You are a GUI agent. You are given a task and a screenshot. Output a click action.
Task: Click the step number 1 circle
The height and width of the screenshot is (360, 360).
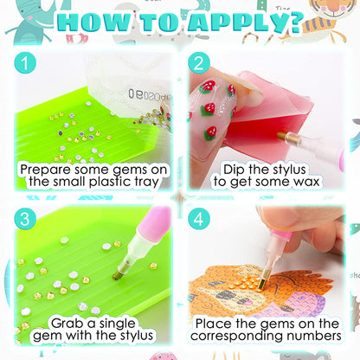click(25, 63)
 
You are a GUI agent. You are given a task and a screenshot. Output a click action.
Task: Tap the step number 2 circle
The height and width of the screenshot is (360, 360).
click(199, 63)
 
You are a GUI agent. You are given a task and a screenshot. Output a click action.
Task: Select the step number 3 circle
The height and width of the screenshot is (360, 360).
click(25, 219)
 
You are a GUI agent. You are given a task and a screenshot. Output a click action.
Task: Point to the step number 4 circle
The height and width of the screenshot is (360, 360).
click(199, 219)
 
